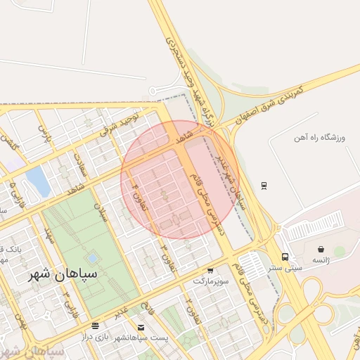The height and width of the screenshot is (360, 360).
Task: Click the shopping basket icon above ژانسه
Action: [321, 249]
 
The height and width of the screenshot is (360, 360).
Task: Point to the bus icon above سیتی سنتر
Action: [285, 257]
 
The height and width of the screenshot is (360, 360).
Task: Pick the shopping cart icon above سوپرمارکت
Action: [210, 271]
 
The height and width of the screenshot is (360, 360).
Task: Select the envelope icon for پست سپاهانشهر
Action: [141, 328]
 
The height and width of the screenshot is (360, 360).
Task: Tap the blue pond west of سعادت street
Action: [38, 181]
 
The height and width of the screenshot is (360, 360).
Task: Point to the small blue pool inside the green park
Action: [94, 257]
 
